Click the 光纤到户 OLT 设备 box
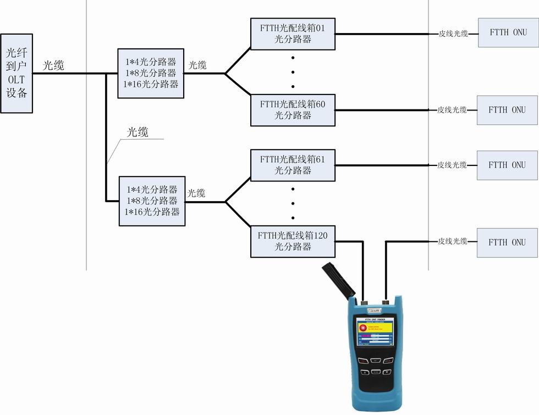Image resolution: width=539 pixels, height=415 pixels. tap(15, 74)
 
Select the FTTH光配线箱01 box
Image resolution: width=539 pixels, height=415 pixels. tap(293, 33)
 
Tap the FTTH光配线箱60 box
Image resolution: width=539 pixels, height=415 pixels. tap(293, 109)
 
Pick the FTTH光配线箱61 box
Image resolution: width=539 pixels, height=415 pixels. tap(293, 164)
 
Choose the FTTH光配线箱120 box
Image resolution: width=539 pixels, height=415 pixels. tap(293, 241)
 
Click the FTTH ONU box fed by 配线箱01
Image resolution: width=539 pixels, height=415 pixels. tap(508, 32)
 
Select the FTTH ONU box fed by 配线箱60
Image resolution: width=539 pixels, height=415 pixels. tap(507, 109)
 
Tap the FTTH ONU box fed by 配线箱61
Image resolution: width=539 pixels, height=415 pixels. tap(507, 164)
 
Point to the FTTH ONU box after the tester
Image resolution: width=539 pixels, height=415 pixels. tap(507, 242)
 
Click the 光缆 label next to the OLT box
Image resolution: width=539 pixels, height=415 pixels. tap(54, 65)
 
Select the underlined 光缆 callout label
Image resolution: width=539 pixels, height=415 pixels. tap(138, 132)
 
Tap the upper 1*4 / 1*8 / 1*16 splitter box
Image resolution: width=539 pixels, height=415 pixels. tap(151, 74)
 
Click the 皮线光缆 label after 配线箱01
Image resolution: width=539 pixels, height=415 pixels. tap(453, 34)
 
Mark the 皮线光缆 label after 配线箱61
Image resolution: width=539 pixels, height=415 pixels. tap(452, 165)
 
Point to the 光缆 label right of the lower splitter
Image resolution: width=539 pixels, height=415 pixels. tap(196, 193)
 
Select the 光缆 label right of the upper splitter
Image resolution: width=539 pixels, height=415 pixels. tap(197, 65)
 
